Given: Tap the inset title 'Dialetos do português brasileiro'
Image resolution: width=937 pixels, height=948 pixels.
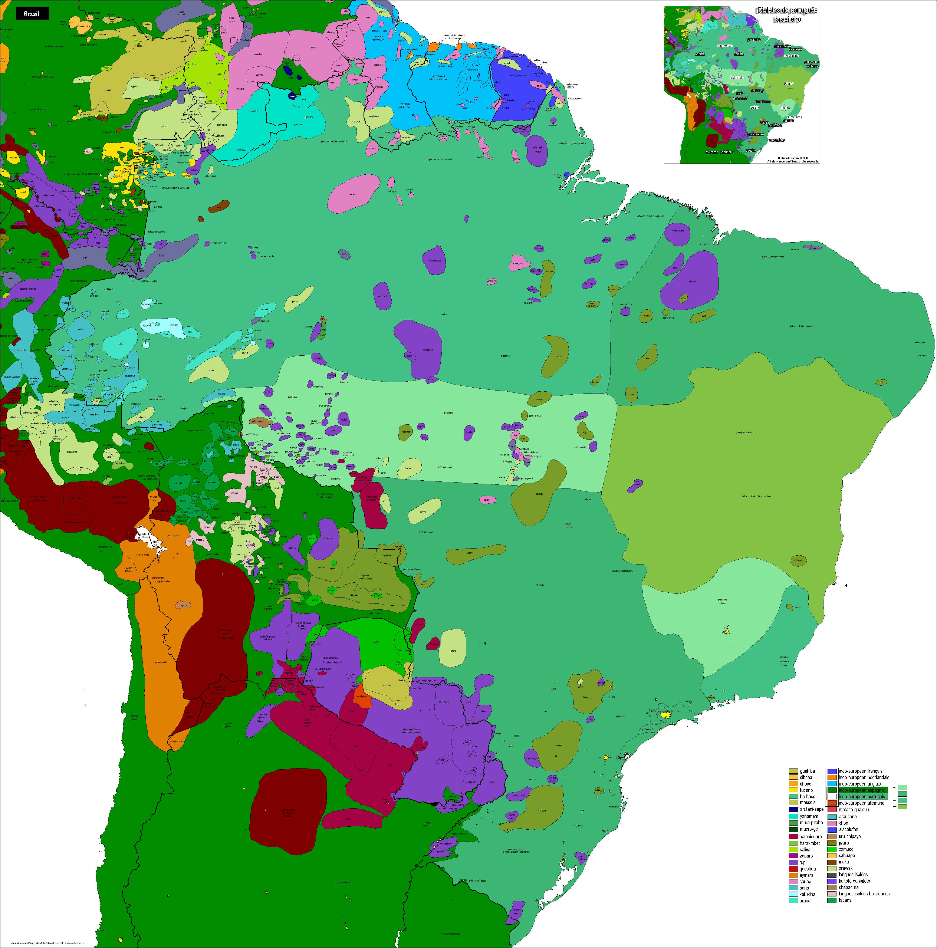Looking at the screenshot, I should tap(787, 15).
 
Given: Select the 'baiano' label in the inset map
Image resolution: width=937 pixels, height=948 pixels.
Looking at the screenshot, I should tap(788, 83).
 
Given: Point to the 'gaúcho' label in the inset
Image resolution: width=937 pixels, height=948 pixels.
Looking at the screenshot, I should tap(750, 150).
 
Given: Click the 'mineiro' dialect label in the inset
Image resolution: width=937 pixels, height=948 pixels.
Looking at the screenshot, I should tap(784, 108).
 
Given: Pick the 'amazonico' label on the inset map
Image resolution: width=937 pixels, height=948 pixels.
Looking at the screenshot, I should tap(724, 46).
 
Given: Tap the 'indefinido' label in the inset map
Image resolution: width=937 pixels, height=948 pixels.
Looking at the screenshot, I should tap(737, 78).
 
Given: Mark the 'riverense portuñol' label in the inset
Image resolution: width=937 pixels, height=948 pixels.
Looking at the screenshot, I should tap(718, 152).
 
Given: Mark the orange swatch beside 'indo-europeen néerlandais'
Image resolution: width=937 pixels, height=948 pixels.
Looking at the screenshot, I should tap(831, 777).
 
